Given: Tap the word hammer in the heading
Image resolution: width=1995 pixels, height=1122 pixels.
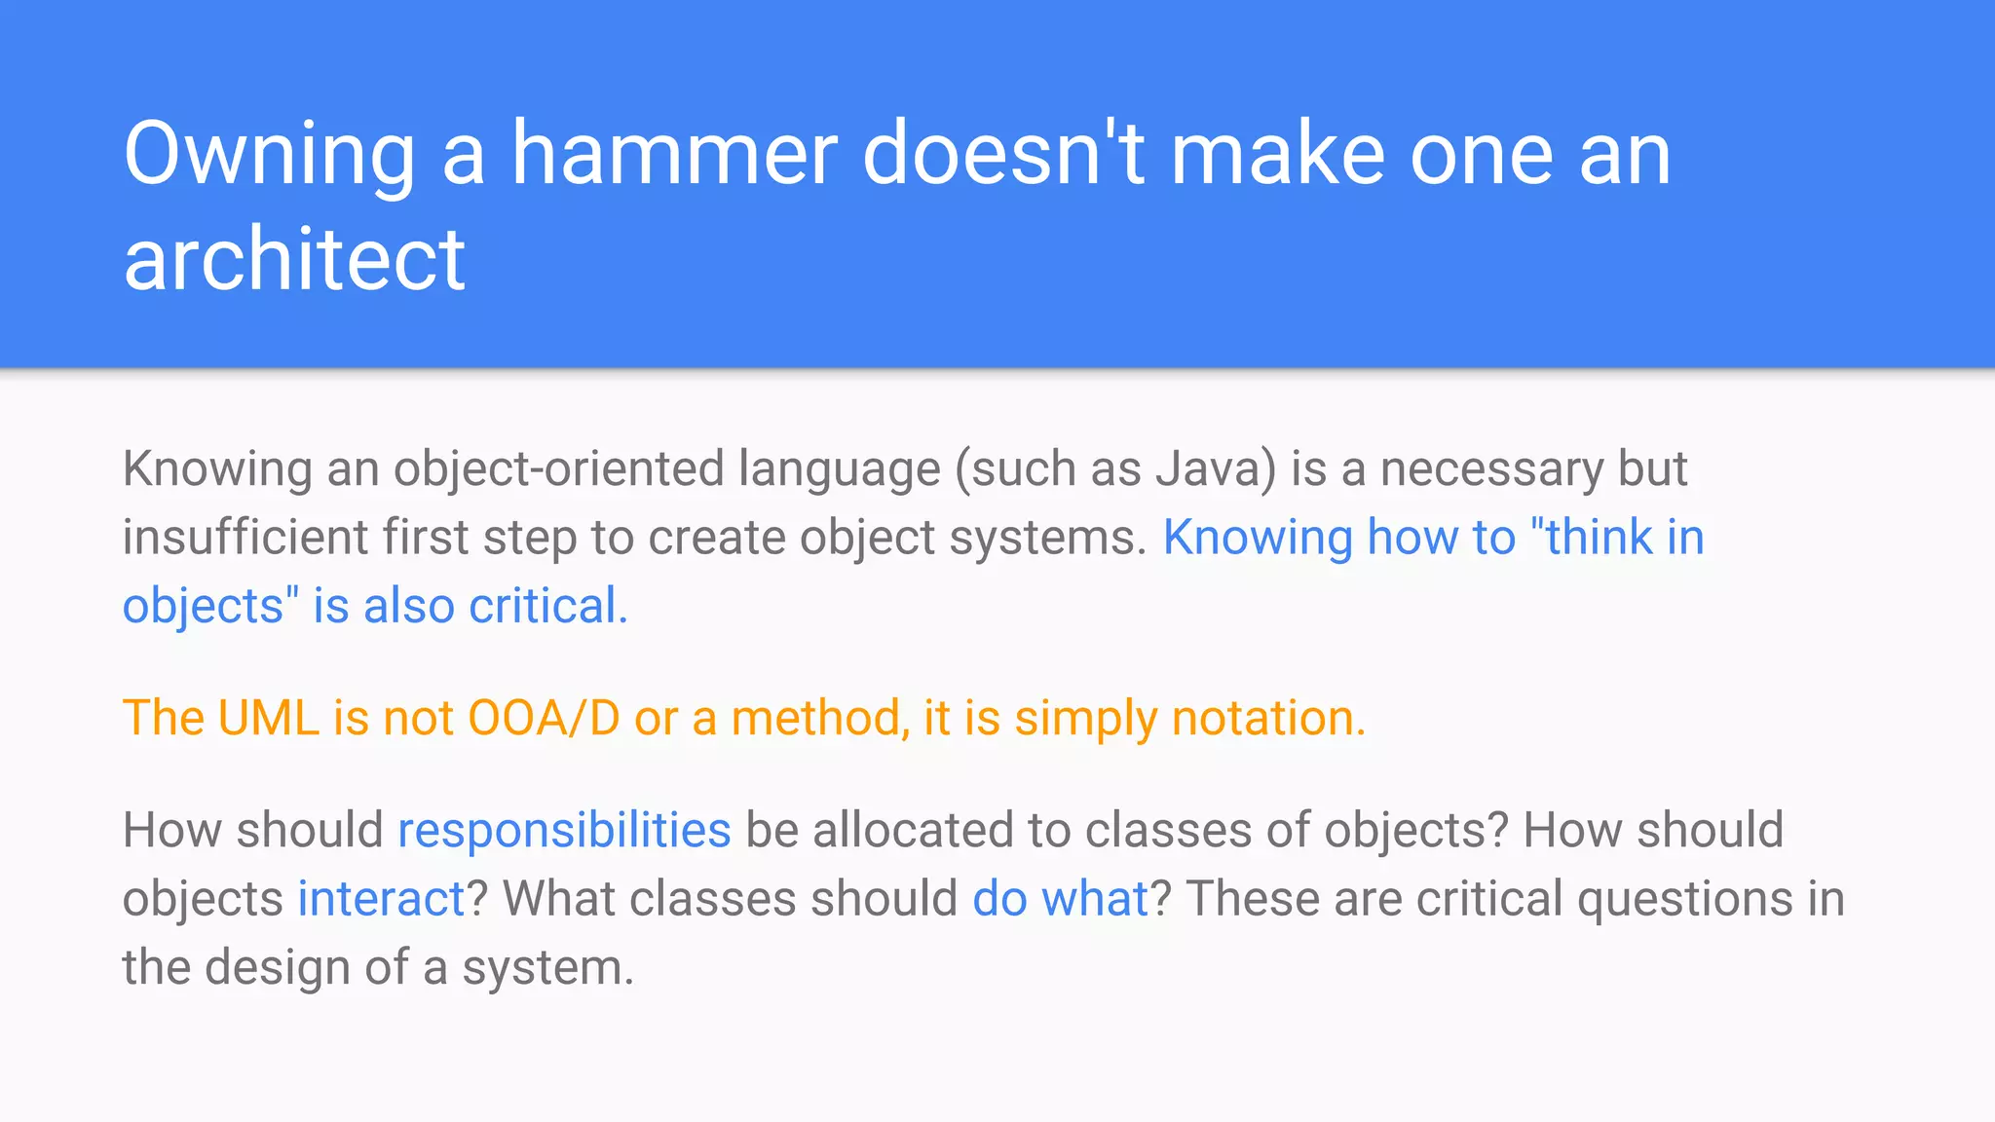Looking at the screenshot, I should click(674, 154).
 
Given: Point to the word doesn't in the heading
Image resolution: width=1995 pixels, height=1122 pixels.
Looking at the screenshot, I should click(1003, 154).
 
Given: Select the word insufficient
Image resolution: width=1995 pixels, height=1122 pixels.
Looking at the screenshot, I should click(245, 538).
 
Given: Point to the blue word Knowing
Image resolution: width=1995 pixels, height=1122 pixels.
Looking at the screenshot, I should click(1258, 538).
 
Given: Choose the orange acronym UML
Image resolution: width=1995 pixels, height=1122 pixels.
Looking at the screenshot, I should click(268, 719).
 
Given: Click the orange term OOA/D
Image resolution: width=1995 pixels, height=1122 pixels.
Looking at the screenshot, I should click(544, 719).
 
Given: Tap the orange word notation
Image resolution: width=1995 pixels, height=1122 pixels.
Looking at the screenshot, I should click(1267, 719).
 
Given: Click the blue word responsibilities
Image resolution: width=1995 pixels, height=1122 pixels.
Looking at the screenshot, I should click(564, 831).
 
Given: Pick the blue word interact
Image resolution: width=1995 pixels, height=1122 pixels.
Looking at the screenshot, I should click(381, 899).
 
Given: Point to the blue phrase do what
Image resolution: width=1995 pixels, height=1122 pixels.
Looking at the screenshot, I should click(1061, 899).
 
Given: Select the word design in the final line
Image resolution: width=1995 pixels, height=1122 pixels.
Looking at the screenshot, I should click(277, 968).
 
